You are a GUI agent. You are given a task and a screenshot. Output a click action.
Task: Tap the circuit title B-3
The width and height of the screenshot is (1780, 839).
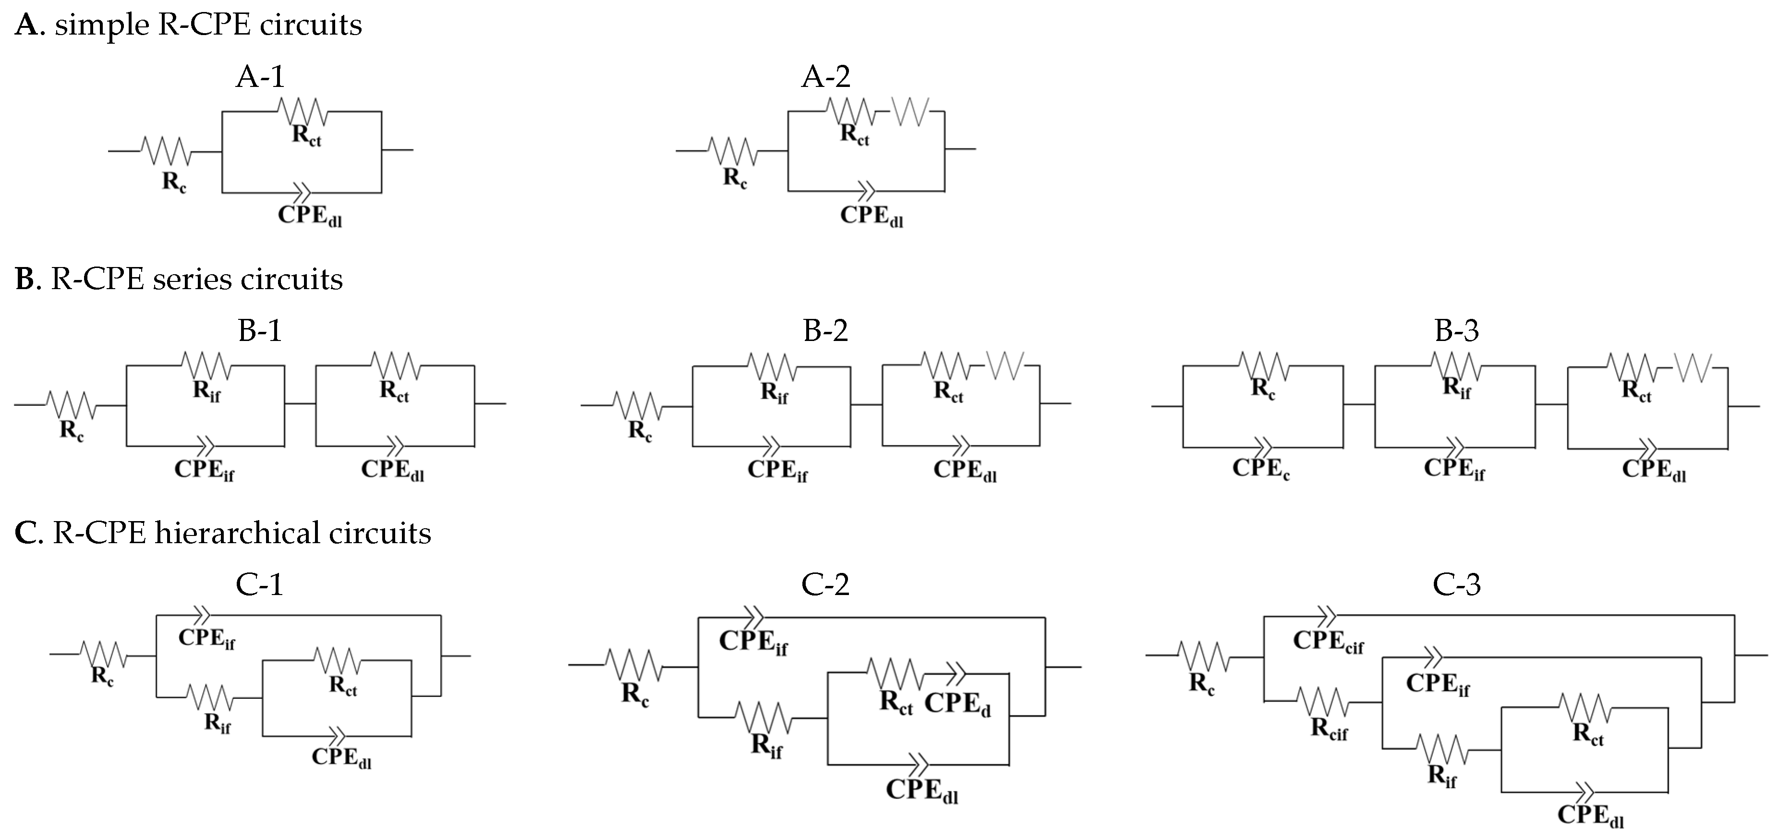(x=1457, y=330)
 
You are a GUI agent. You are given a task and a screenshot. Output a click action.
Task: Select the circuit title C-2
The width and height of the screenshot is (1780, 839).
(x=825, y=584)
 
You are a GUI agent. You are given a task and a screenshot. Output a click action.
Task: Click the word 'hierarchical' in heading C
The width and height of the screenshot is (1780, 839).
(x=238, y=533)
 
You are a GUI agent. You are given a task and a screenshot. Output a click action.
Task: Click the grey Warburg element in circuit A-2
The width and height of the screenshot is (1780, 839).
(x=911, y=111)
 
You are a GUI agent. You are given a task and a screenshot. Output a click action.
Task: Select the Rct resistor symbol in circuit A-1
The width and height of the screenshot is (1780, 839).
(x=302, y=110)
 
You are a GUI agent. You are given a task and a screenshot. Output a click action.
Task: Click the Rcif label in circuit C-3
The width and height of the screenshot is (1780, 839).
(x=1329, y=729)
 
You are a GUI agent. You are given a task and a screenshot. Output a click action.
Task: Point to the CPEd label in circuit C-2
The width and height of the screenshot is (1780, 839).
(x=957, y=704)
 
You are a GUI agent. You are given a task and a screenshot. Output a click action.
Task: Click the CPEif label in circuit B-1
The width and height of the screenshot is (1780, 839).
(x=204, y=470)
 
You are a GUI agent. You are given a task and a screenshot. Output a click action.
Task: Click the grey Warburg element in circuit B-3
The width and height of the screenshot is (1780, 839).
(x=1694, y=367)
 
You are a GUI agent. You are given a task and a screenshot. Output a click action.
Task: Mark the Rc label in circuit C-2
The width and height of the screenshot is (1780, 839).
(x=634, y=693)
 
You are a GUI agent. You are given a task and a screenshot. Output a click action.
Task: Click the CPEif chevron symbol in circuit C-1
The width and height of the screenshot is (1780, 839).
(x=201, y=614)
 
